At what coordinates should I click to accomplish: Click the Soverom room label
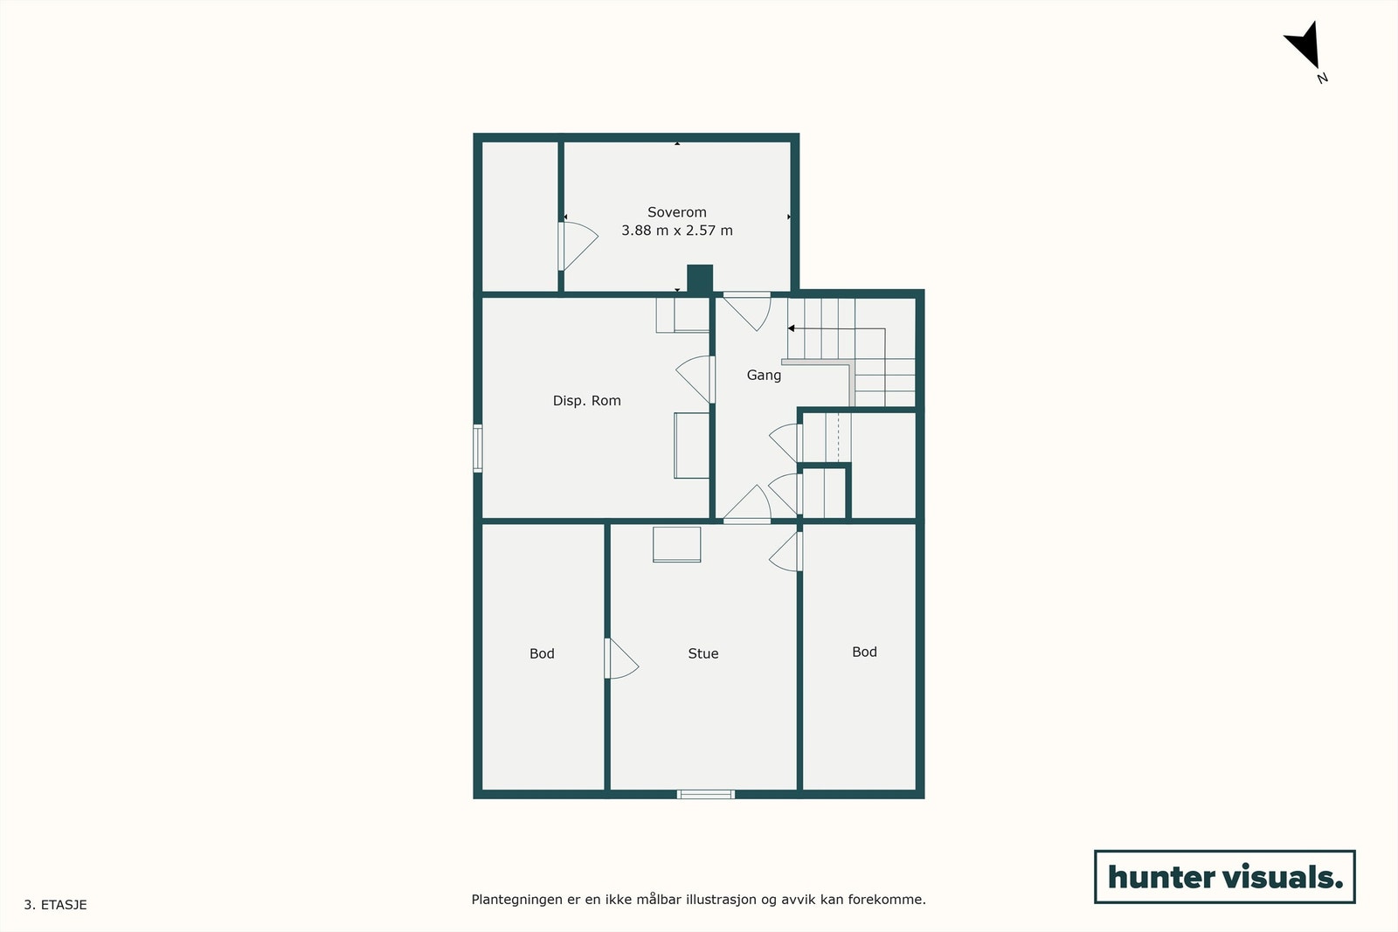[676, 212]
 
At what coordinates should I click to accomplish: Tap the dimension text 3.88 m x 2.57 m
[676, 231]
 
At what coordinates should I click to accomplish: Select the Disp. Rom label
[586, 401]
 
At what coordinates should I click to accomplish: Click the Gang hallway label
[764, 375]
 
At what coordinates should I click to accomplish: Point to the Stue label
[702, 653]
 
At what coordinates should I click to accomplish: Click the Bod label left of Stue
[542, 653]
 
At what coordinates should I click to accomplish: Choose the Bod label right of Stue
[864, 652]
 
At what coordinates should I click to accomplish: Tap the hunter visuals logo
[1224, 877]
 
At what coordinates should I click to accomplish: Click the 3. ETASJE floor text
[56, 905]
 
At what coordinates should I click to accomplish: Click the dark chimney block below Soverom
[700, 279]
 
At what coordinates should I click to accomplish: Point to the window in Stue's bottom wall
[706, 794]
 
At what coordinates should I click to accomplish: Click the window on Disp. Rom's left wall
[478, 448]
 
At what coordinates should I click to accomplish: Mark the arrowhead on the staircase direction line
[792, 328]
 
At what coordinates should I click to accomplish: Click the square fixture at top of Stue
[677, 544]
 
